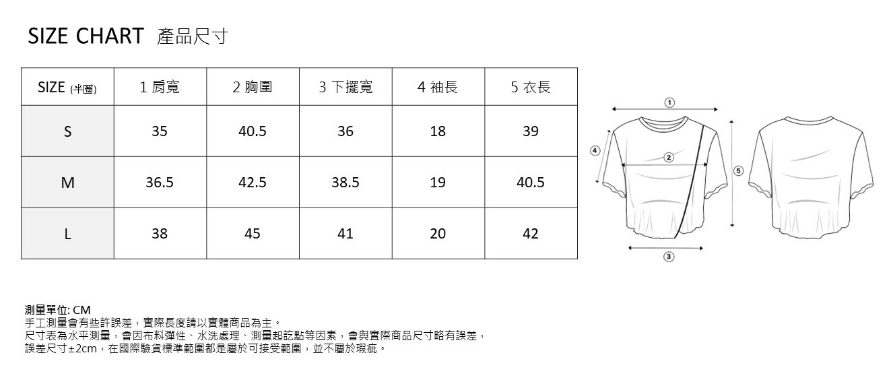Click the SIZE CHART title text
[86, 36]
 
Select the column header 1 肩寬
[160, 87]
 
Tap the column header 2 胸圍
[253, 87]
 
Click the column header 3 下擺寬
[345, 87]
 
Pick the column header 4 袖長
[438, 87]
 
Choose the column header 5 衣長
[531, 87]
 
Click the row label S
[67, 131]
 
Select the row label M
[67, 183]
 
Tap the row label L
[67, 234]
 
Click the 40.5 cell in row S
[253, 131]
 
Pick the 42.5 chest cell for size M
[253, 183]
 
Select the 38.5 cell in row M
[345, 183]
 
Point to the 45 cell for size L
[253, 234]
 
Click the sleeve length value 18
[438, 131]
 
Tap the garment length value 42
[531, 234]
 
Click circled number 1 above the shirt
[669, 102]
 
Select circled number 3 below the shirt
[669, 257]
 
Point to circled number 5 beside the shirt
[738, 171]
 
